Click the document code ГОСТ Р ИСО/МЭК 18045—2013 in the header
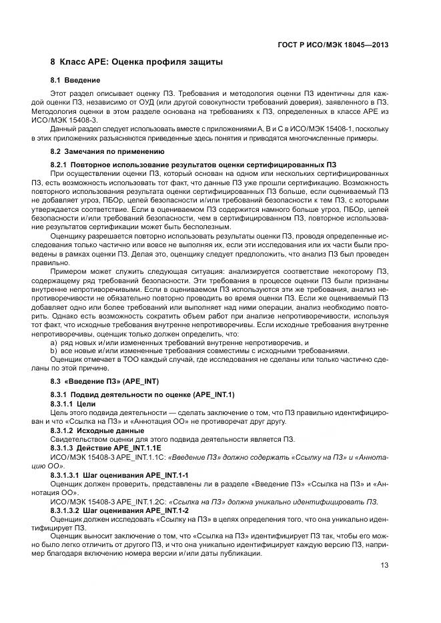pos(334,45)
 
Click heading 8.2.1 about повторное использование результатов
pos(193,164)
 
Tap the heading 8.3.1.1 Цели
pos(73,404)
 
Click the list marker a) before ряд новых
pos(54,342)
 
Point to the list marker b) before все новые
pos(54,350)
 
